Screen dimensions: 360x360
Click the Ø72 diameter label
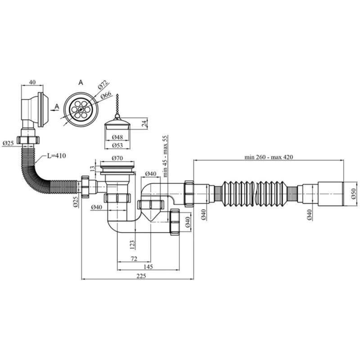[x=103, y=85]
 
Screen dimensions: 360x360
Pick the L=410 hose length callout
[x=57, y=156]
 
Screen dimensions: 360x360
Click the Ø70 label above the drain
[x=117, y=158]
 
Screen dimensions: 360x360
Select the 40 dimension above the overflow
[x=32, y=82]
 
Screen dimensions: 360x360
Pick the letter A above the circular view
[x=81, y=83]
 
